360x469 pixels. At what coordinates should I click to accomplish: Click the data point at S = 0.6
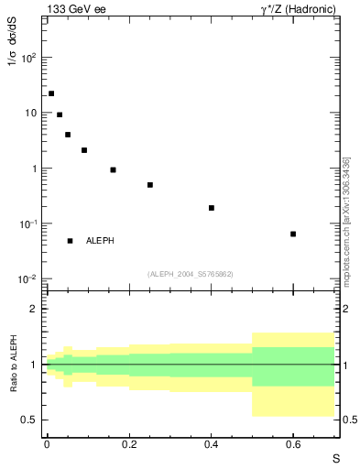(293, 234)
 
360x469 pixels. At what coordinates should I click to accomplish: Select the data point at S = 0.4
(211, 208)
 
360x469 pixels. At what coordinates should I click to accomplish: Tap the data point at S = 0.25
(149, 185)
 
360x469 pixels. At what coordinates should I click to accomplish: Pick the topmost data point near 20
(51, 93)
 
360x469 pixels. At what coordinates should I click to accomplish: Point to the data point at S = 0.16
(113, 169)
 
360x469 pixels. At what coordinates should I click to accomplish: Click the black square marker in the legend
(70, 241)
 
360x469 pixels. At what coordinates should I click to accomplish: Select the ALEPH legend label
(100, 241)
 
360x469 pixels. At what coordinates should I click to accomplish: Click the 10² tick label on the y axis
(27, 57)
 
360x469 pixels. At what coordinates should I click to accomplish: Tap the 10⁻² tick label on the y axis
(27, 279)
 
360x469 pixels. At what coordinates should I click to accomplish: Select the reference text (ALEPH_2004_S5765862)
(191, 274)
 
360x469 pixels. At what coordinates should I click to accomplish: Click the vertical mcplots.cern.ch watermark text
(346, 220)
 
